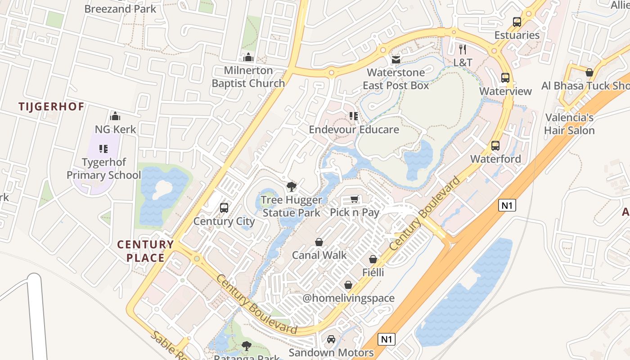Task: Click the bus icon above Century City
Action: click(224, 208)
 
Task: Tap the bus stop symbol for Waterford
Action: click(495, 146)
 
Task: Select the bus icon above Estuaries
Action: click(517, 22)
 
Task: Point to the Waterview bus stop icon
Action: click(505, 78)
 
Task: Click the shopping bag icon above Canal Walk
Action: click(319, 243)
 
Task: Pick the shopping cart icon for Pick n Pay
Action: click(355, 199)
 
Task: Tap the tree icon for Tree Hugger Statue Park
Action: click(291, 187)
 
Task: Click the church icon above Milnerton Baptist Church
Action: click(248, 57)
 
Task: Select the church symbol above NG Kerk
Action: click(115, 116)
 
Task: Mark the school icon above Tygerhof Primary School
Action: click(103, 149)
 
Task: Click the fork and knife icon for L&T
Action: click(462, 49)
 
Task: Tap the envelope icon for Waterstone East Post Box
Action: click(396, 59)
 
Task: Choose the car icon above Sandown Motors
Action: click(331, 339)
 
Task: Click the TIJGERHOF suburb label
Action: click(51, 107)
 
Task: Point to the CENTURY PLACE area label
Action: click(145, 251)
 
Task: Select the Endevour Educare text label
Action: click(354, 130)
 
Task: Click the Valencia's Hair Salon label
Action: click(569, 124)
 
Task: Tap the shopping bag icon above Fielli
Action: click(373, 259)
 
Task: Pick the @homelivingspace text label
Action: click(348, 298)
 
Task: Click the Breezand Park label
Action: click(120, 9)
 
